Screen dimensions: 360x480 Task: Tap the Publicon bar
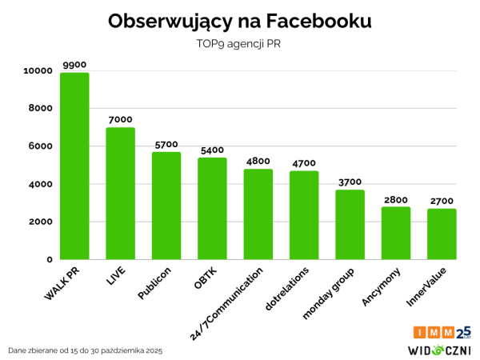(x=166, y=206)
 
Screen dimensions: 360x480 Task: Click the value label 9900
(x=75, y=64)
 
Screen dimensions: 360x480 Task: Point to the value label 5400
(x=213, y=150)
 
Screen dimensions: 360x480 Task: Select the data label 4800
(x=258, y=161)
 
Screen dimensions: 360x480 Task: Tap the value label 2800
(x=396, y=198)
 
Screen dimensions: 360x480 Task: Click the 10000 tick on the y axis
(x=38, y=71)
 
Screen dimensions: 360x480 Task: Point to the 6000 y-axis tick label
(x=41, y=146)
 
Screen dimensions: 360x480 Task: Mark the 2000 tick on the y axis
(x=41, y=222)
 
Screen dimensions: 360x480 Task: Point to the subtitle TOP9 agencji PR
(x=239, y=44)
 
